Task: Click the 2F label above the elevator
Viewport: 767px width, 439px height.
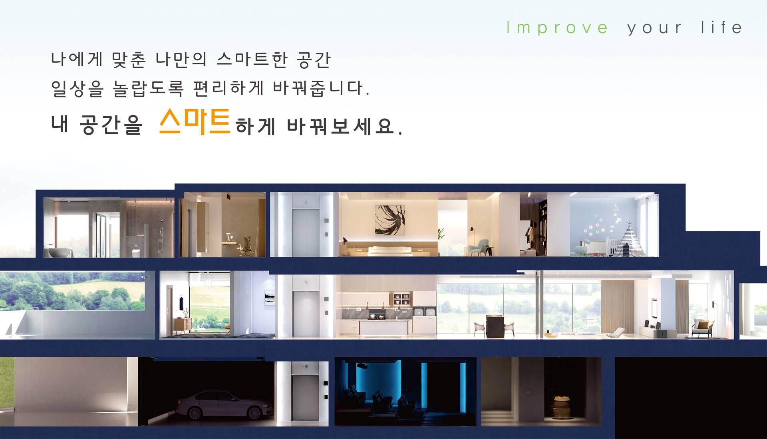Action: [306, 203]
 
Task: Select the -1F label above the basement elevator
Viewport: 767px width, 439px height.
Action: [305, 366]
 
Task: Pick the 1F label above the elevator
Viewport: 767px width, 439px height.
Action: [306, 282]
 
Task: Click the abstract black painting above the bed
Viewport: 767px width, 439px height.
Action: [389, 220]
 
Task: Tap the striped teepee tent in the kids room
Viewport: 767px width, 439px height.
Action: [629, 239]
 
